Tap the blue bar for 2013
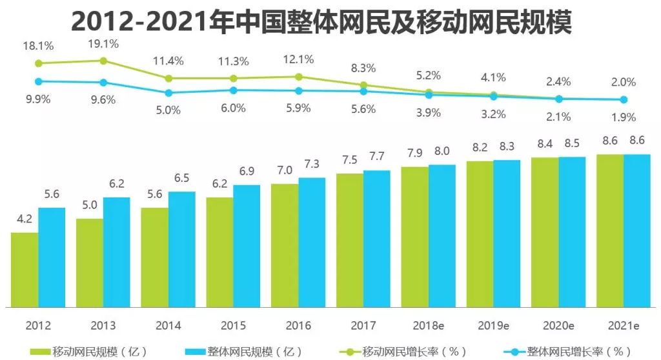116,251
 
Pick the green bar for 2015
219,251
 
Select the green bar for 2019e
480,233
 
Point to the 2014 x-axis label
168,325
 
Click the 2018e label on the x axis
428,325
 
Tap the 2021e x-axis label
623,325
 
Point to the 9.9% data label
38,99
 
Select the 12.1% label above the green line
298,59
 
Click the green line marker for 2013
103,61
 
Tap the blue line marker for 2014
168,92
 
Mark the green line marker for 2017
363,85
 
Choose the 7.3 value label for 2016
312,165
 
